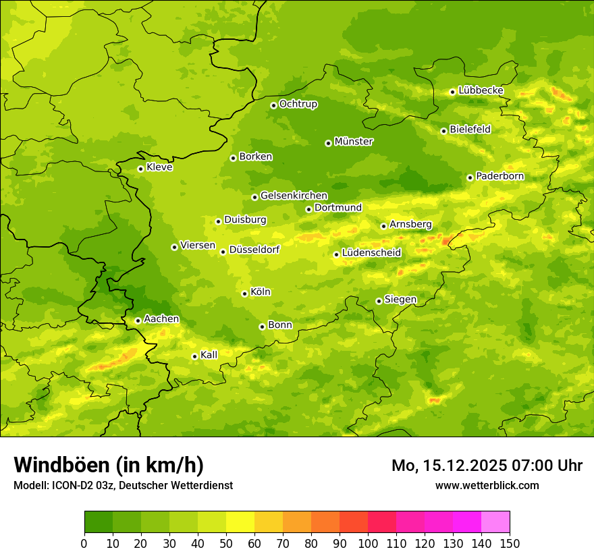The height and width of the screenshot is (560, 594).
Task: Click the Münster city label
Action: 354,142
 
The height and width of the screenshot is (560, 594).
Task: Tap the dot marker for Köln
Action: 244,293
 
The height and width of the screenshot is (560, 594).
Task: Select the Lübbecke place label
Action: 481,90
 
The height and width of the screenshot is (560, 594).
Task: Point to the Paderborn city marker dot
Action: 470,177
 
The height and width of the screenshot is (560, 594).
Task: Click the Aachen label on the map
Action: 161,319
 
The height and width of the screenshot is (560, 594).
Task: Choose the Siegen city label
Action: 400,300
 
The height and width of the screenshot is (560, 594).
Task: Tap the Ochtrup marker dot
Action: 273,105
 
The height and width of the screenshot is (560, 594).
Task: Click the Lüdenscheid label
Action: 371,253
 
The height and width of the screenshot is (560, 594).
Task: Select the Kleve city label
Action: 159,167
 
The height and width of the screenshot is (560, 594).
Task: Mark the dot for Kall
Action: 194,356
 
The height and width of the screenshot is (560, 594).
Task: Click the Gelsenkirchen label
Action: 294,196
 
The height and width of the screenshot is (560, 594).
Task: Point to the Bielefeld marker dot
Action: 443,131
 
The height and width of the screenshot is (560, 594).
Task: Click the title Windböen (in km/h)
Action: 109,465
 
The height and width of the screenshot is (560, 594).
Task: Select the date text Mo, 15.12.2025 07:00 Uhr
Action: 487,466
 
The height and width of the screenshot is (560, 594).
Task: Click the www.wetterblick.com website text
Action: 487,485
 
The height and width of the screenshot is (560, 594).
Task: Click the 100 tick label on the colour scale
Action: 368,543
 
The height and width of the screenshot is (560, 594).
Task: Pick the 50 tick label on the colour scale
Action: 226,543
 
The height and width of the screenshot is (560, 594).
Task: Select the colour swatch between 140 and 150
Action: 495,522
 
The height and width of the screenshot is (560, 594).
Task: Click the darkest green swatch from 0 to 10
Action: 99,522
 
